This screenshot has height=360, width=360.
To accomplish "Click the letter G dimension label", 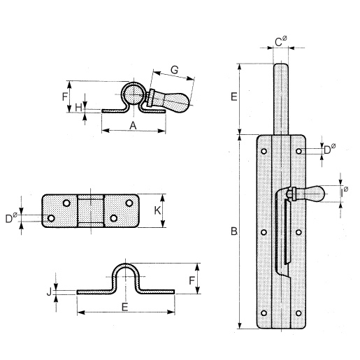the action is click(175, 70).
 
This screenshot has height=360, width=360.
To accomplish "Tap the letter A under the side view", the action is click(133, 126).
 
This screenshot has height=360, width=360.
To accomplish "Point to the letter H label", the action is click(78, 108).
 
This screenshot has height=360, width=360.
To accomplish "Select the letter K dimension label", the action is click(157, 210).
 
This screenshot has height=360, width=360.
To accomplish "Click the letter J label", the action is click(49, 291).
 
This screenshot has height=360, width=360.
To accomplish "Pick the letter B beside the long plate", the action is click(234, 231).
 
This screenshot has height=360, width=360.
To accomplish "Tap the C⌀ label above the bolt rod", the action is click(281, 41).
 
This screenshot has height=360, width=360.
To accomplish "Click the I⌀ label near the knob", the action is click(344, 192).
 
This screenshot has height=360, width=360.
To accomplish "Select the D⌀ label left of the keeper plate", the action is click(11, 218).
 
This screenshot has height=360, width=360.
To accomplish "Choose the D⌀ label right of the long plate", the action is click(330, 149).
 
